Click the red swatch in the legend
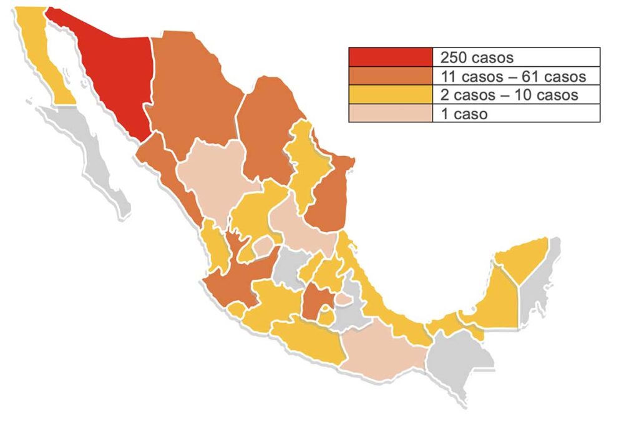390,57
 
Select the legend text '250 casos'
477,57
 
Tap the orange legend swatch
390,76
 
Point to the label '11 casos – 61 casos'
513,76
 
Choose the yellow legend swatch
390,95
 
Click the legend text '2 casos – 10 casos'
509,95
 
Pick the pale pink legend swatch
390,114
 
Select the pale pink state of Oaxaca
381,353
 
